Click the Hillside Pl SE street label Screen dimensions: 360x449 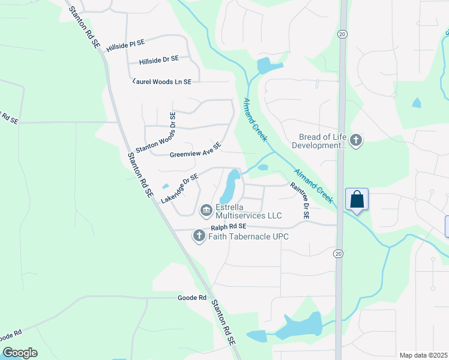(x=126, y=44)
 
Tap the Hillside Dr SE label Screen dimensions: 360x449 (x=158, y=60)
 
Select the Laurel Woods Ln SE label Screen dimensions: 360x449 (x=161, y=82)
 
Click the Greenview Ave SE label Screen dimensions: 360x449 (x=196, y=150)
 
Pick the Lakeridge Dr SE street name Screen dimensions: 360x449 (x=179, y=187)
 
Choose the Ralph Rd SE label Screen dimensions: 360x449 (x=229, y=227)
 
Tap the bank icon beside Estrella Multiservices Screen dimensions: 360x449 (x=206, y=210)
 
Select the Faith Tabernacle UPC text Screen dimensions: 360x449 (x=248, y=236)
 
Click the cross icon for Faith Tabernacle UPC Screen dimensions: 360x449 (x=199, y=236)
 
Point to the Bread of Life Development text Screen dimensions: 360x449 (x=319, y=141)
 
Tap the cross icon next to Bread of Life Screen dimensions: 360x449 (x=356, y=141)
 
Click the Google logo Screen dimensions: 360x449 (x=20, y=353)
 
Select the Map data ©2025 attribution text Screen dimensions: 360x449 (x=423, y=355)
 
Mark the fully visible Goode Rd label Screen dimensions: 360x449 (x=192, y=298)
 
